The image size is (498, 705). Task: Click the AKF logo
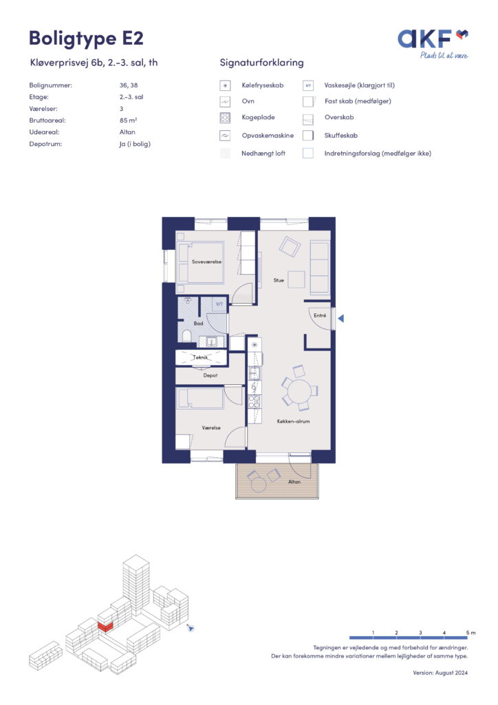coord(433,43)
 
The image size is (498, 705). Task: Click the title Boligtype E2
coord(86,39)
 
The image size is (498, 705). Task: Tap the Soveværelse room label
coord(206,262)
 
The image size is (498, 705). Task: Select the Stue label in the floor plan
coord(279,280)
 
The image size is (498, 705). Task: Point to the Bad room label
coord(199,324)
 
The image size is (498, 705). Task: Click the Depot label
coord(210,375)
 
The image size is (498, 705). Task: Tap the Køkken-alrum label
coord(293,421)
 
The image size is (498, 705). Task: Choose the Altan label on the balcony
coord(294,481)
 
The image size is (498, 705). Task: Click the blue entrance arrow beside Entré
coord(341,318)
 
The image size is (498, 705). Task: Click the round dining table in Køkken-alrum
coord(299,392)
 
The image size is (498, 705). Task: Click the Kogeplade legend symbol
coord(225,118)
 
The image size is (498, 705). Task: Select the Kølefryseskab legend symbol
coord(225,85)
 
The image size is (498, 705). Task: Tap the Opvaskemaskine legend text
coord(268,136)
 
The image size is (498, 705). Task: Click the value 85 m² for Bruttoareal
coord(129,120)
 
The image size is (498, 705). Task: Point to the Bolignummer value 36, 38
coord(129,85)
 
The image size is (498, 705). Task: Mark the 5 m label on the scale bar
coord(470,633)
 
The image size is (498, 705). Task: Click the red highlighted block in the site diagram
coord(105,627)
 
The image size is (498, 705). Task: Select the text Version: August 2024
coord(440,673)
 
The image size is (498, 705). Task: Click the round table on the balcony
coord(258,485)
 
